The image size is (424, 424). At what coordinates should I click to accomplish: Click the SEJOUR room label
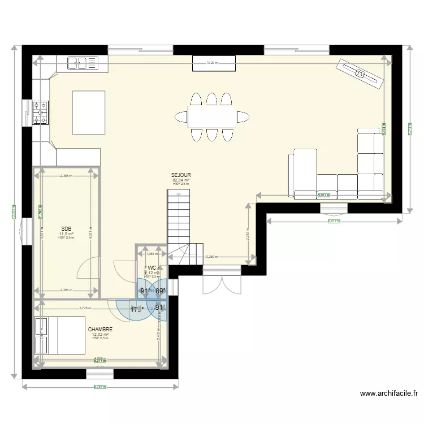(x=181, y=175)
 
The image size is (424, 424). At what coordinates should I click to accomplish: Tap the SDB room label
(x=66, y=229)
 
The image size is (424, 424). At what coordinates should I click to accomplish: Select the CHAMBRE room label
(x=100, y=329)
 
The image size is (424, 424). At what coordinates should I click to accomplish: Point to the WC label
(x=153, y=268)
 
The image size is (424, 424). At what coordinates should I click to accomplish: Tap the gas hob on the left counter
(x=41, y=113)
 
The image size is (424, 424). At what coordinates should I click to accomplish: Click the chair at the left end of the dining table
(x=181, y=117)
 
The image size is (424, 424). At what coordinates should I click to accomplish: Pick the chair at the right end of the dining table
(x=243, y=117)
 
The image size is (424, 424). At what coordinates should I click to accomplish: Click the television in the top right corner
(x=360, y=73)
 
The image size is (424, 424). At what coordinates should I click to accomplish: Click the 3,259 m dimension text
(x=213, y=257)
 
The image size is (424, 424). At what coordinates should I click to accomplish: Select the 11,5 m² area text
(x=66, y=233)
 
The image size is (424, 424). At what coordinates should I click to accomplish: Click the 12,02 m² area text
(x=100, y=334)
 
